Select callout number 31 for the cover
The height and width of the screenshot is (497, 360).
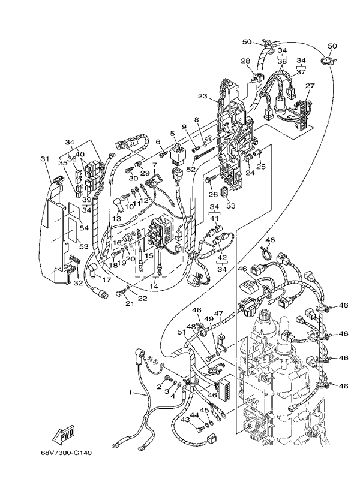point(43,159)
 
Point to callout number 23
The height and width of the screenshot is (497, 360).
point(202,95)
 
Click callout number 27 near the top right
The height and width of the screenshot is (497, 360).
point(310,86)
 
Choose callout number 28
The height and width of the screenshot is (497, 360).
point(245,61)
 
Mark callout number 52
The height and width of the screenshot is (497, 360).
point(190,170)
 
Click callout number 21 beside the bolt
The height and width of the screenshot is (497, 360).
point(128,303)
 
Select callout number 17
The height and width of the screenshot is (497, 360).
point(106,279)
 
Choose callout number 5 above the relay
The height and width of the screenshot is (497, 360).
point(172,134)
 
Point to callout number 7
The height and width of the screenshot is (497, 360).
point(154,165)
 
